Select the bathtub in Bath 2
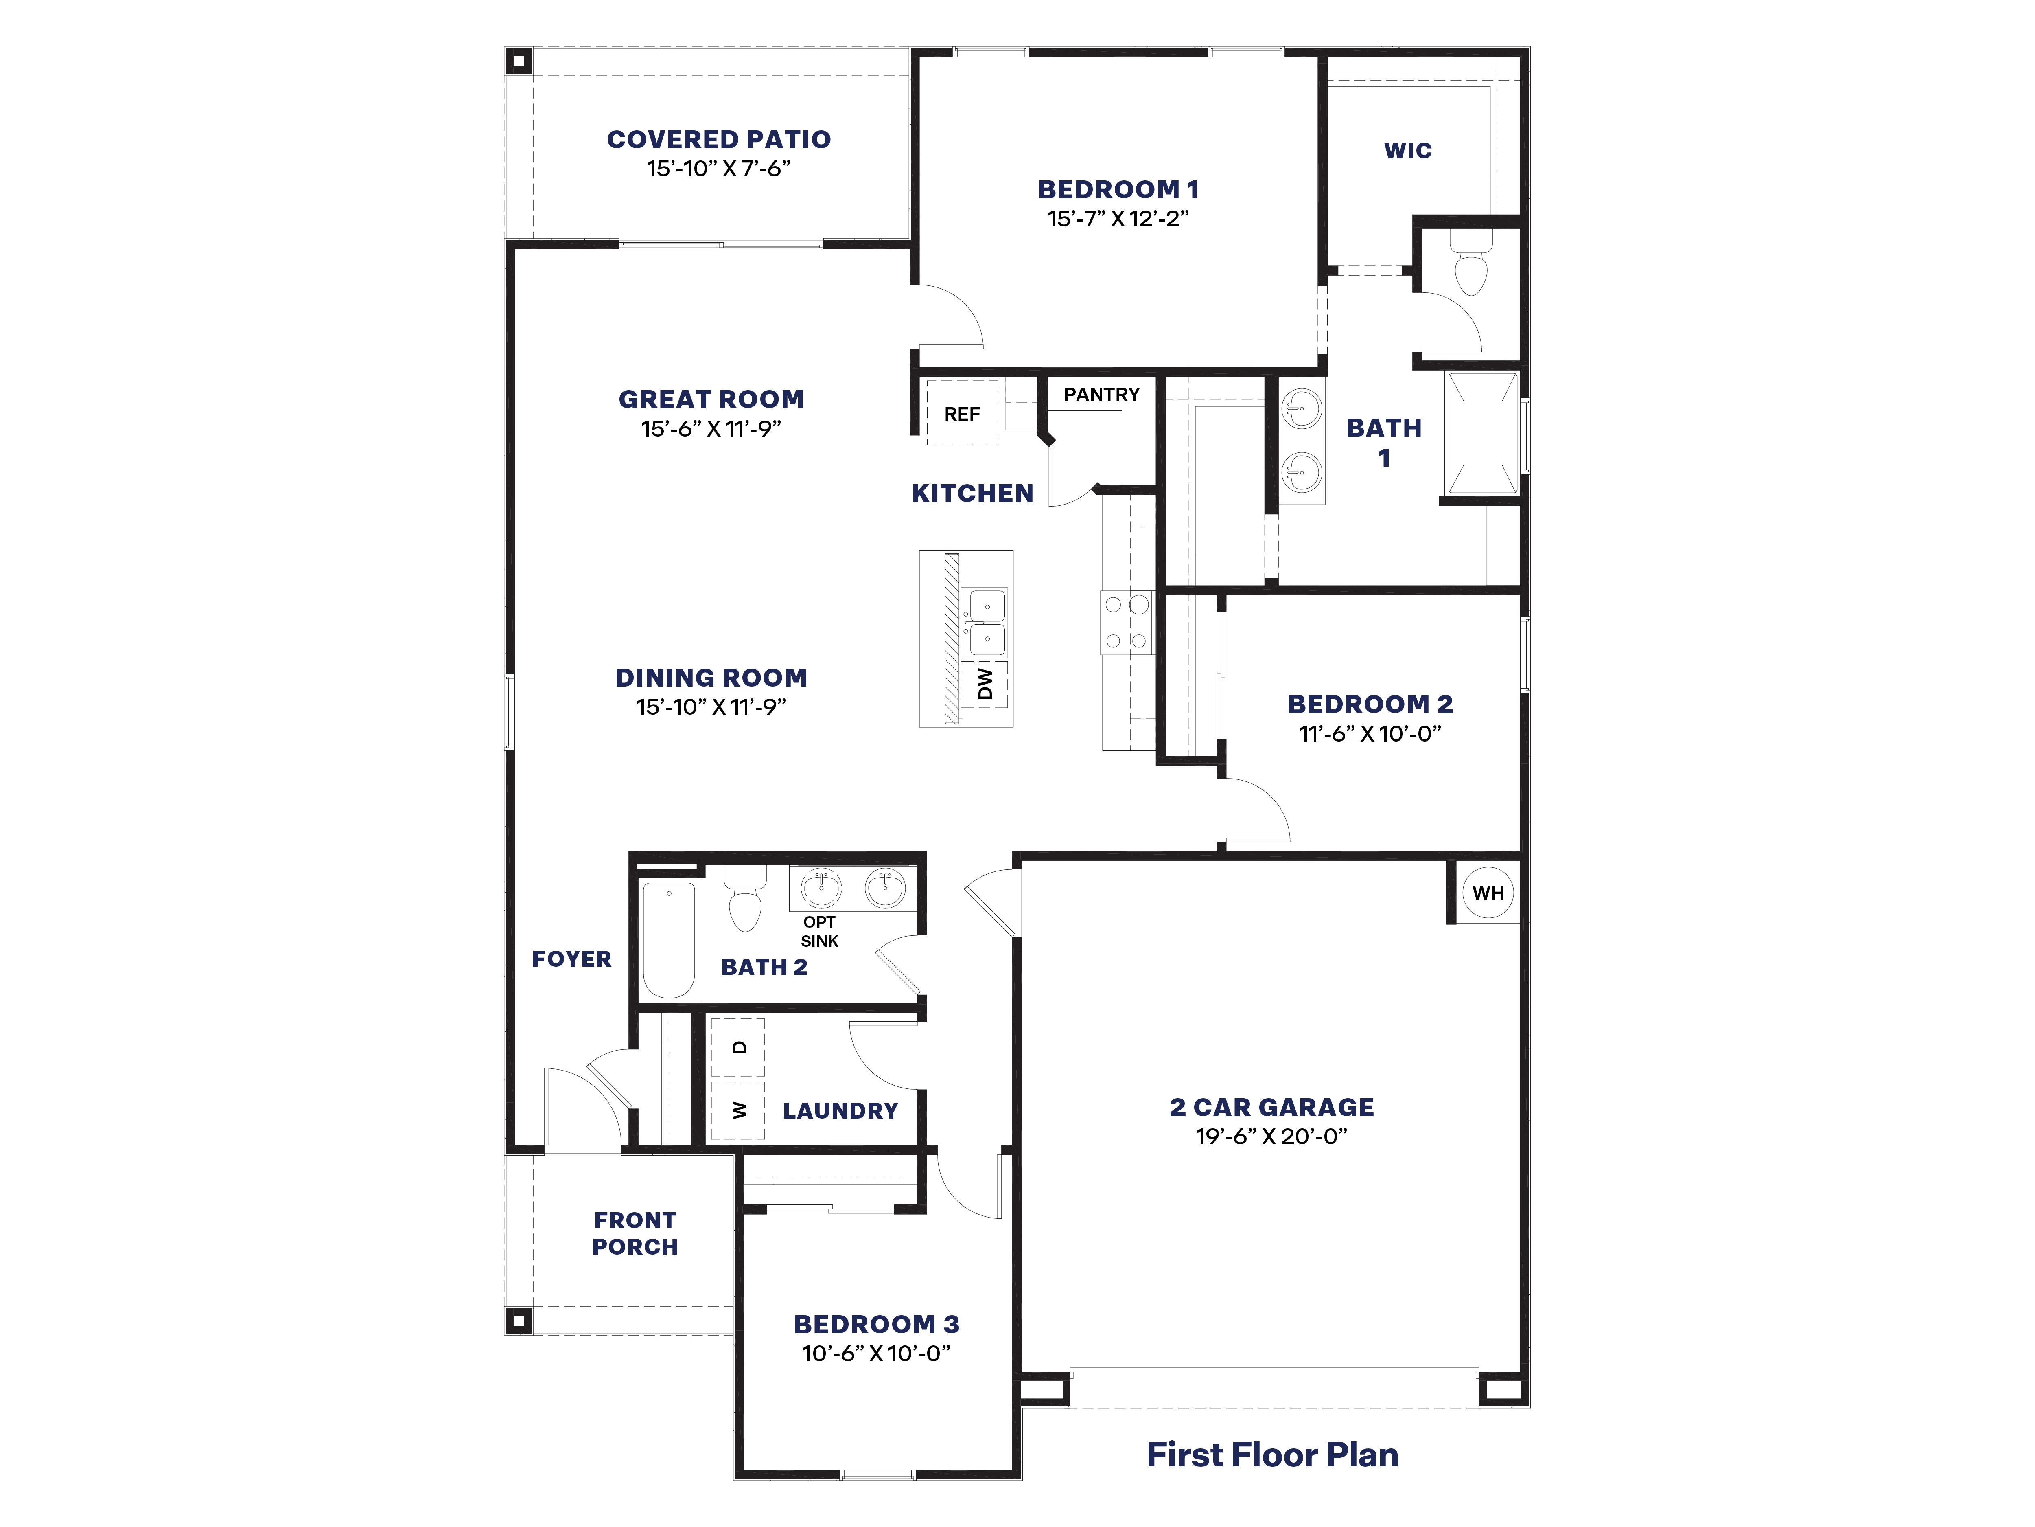pyautogui.click(x=669, y=939)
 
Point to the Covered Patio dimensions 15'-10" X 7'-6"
pyautogui.click(x=718, y=169)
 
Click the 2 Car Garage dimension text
pyautogui.click(x=1271, y=1137)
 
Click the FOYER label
pyautogui.click(x=571, y=959)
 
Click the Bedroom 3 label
pyautogui.click(x=876, y=1325)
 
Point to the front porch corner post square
pyautogui.click(x=519, y=1321)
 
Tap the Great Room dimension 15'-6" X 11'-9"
pyautogui.click(x=711, y=429)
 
